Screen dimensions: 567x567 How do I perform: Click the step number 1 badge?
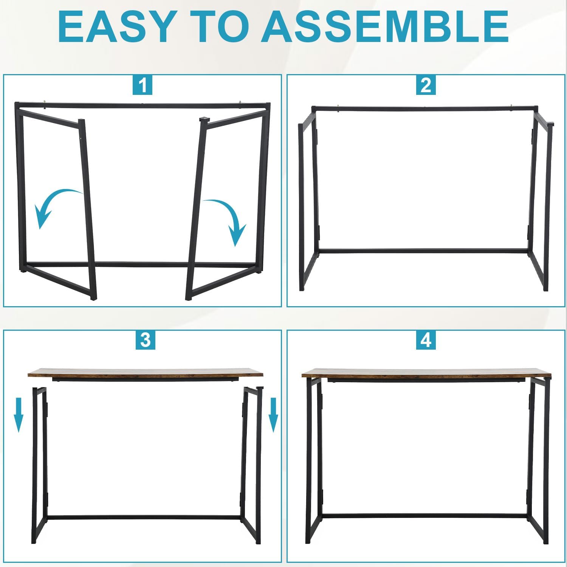tap(143, 85)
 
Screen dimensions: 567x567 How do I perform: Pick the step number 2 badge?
tap(426, 85)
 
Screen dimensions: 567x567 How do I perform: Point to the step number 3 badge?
tap(146, 340)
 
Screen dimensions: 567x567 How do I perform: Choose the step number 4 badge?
tap(426, 340)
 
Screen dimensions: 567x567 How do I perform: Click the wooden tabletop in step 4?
tap(426, 373)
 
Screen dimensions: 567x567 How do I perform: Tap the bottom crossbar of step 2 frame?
tap(423, 251)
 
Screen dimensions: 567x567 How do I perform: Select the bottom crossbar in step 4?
tap(425, 516)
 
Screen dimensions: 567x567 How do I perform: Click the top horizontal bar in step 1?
tap(143, 105)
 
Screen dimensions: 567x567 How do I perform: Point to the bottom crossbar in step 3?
tap(144, 517)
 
